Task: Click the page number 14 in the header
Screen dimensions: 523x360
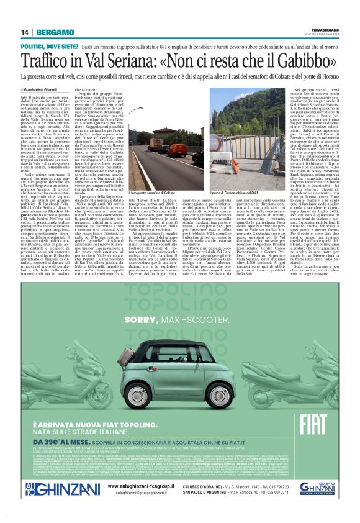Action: pos(25,32)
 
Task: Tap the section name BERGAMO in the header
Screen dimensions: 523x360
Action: pos(54,32)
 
